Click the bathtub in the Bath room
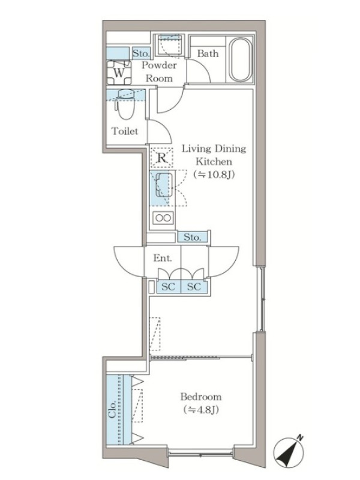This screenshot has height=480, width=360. pyautogui.click(x=241, y=59)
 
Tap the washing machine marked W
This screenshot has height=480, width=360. pyautogui.click(x=119, y=73)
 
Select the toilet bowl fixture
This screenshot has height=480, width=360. pyautogui.click(x=125, y=104)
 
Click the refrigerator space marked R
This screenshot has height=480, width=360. pyautogui.click(x=161, y=158)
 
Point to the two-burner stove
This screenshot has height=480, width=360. pyautogui.click(x=163, y=218)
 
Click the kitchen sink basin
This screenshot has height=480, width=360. pyautogui.click(x=164, y=185)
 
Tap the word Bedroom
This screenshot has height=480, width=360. pyautogui.click(x=200, y=397)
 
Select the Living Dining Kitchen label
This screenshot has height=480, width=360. pyautogui.click(x=214, y=155)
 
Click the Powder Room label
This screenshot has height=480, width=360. pyautogui.click(x=159, y=71)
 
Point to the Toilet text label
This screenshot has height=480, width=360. pyautogui.click(x=125, y=131)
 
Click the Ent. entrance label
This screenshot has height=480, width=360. pyautogui.click(x=163, y=258)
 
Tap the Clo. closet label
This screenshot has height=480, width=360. pyautogui.click(x=112, y=409)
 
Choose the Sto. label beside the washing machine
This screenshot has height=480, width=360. pyautogui.click(x=141, y=53)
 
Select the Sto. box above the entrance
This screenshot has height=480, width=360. pyautogui.click(x=193, y=237)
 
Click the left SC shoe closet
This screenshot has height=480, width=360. pyautogui.click(x=169, y=287)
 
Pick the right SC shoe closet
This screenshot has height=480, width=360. pyautogui.click(x=194, y=287)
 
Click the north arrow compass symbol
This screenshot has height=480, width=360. pyautogui.click(x=289, y=452)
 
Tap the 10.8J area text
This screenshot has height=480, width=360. pyautogui.click(x=214, y=175)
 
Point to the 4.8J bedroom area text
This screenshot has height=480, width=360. pyautogui.click(x=200, y=410)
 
